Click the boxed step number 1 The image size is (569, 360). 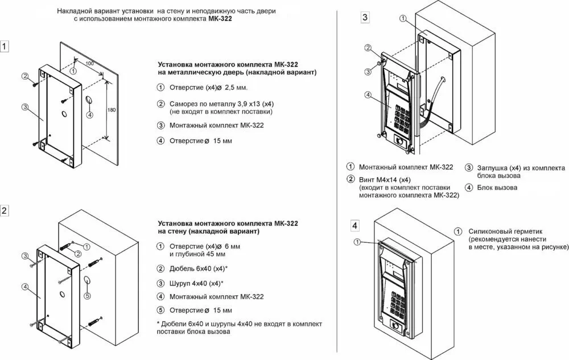pos(5,47)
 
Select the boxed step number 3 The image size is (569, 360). pos(365,17)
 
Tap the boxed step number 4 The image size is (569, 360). pos(355,225)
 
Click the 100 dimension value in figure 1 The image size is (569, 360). pos(89,63)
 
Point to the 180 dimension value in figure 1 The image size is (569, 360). pos(111,109)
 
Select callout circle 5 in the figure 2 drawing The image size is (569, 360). pos(86,295)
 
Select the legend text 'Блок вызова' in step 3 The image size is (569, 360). pos(497,187)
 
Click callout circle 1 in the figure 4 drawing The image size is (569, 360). pos(357,242)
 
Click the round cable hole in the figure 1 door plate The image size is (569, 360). pos(89,102)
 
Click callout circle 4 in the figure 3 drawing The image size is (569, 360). pos(368,95)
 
